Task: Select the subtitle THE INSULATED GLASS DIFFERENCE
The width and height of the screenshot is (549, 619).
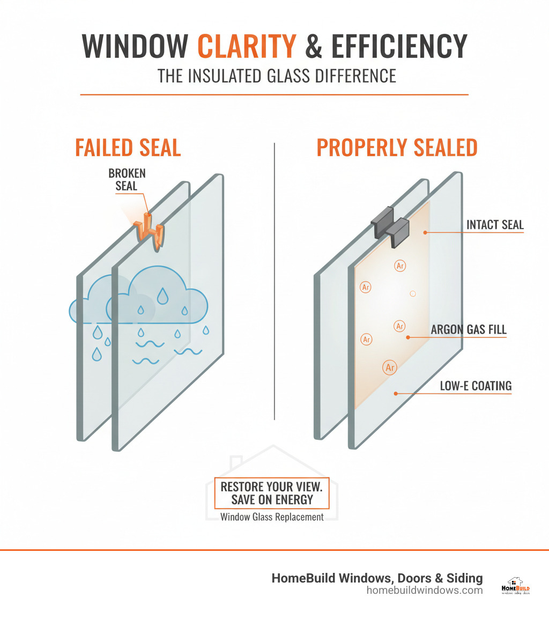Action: [x=277, y=76]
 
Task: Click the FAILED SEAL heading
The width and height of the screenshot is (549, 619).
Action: [x=128, y=148]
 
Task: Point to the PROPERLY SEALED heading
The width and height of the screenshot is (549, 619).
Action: [x=397, y=148]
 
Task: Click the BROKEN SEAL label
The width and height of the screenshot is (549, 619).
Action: [x=127, y=180]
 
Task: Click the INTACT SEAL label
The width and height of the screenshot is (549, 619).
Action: [x=494, y=225]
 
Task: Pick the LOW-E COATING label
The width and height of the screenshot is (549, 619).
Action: [x=476, y=386]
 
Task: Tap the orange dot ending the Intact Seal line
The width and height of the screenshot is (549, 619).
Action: [x=424, y=232]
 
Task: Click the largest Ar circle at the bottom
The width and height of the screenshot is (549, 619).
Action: [x=390, y=367]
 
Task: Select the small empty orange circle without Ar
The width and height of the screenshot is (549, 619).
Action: [x=412, y=293]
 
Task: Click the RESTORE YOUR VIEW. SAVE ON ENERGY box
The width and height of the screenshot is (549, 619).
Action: [x=271, y=493]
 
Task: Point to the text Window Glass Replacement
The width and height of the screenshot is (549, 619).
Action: [x=272, y=517]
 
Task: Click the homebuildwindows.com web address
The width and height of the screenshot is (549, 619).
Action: [x=424, y=590]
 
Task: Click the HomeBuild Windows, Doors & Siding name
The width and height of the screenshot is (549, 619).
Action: [x=377, y=578]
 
